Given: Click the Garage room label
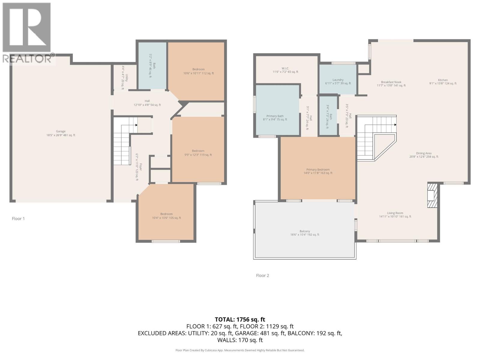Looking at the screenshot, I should [61, 133].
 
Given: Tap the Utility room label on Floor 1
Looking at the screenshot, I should [124, 78].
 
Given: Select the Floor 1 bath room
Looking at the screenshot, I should [152, 66].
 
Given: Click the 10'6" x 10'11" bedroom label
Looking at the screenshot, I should [198, 71].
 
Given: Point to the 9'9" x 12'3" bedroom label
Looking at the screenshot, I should [198, 153].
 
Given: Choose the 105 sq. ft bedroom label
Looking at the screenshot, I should [166, 216].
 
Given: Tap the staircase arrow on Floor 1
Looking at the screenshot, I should [136, 125].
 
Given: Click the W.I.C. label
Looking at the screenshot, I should [285, 70].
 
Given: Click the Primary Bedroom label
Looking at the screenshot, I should [318, 171].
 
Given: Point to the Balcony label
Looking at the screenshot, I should [304, 233].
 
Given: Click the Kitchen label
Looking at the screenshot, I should [442, 82].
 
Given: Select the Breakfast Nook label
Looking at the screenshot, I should [391, 84].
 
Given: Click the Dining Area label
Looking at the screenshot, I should [424, 155].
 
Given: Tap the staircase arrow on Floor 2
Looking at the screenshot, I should [395, 125].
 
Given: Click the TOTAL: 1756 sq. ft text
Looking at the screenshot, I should [240, 319].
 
